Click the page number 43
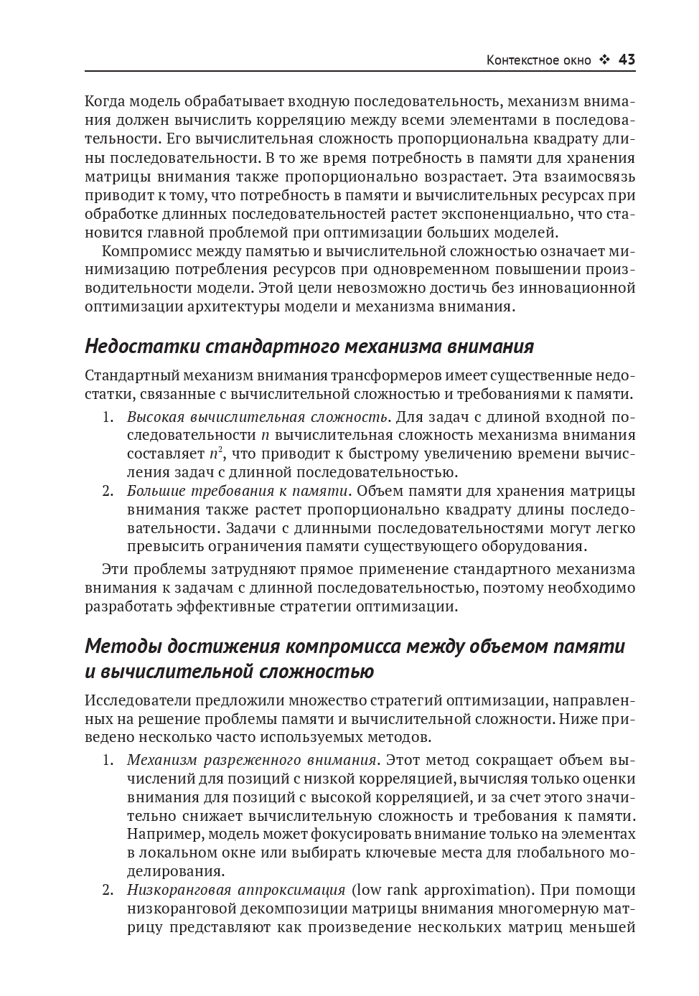point(627,60)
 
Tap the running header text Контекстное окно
point(538,60)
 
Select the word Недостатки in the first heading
point(141,347)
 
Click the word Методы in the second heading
point(123,646)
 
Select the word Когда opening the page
point(104,102)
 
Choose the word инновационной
point(573,288)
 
